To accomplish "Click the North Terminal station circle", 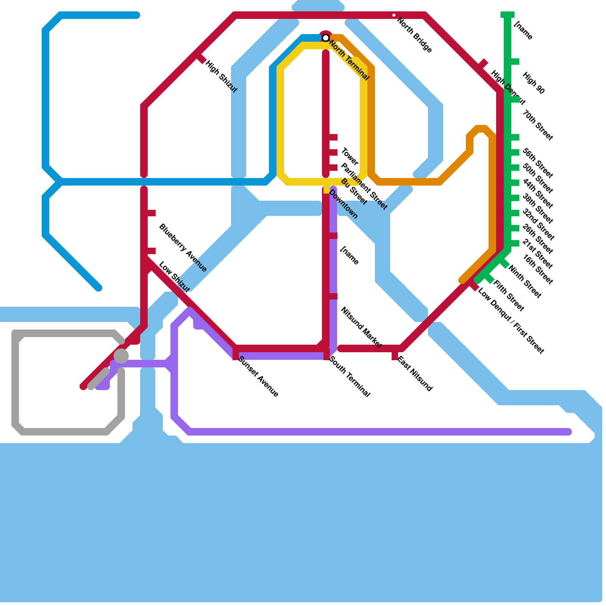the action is tap(325, 37).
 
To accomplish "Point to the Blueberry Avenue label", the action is tap(183, 248).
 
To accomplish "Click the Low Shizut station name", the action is tap(174, 277).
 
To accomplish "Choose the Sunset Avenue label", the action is tap(258, 376).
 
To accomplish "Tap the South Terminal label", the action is tap(350, 376).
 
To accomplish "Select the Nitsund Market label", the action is tap(361, 328).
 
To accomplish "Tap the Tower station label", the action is tap(350, 156).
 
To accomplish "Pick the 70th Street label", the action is tap(538, 125).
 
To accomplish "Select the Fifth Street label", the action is tap(509, 296).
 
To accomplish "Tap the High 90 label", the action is tap(533, 83).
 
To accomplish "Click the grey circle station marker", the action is tap(121, 356).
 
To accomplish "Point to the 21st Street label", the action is tap(537, 254).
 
